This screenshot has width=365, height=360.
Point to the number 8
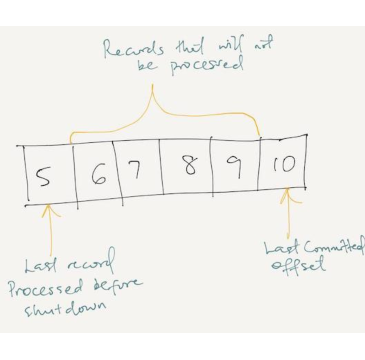191,165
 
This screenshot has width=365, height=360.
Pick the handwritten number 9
235,167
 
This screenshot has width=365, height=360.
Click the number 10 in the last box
284,164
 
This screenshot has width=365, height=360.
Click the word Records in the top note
134,49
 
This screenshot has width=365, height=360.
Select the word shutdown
66,309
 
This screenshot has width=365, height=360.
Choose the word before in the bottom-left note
118,285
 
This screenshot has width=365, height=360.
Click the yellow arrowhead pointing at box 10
289,195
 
